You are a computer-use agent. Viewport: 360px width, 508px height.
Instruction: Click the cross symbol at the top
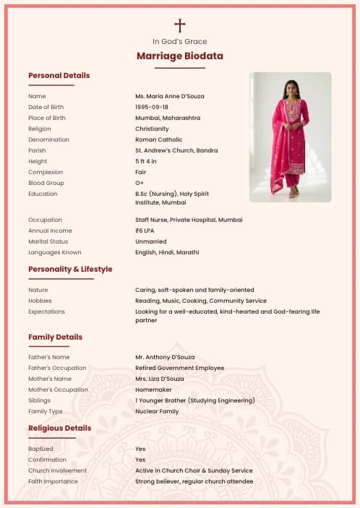(180, 26)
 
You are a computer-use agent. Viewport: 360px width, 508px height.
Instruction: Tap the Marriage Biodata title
(180, 56)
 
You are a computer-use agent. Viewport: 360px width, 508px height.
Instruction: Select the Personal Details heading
(59, 75)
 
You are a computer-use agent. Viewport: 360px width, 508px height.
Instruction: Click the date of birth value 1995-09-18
(152, 107)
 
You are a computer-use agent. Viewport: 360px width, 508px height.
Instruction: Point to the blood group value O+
(140, 183)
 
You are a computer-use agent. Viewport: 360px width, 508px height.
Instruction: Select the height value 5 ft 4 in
(146, 161)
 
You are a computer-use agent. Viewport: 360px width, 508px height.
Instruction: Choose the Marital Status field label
(48, 241)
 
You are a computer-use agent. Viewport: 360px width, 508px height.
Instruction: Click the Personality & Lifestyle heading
(70, 269)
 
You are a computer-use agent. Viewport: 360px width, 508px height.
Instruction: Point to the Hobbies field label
(40, 301)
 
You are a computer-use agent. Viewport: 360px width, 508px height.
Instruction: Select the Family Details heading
(56, 337)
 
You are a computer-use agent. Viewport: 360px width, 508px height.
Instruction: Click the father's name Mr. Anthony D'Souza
(165, 357)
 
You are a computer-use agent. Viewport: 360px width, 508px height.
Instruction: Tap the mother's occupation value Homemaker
(152, 389)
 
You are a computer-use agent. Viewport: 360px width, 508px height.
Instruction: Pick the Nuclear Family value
(157, 411)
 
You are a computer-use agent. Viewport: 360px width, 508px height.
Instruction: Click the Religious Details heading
(60, 428)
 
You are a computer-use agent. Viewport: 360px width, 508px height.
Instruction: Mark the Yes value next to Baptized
(140, 449)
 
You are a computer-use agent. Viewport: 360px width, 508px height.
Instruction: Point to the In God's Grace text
(180, 42)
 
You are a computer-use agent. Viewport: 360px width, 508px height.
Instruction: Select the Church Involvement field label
(57, 470)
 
